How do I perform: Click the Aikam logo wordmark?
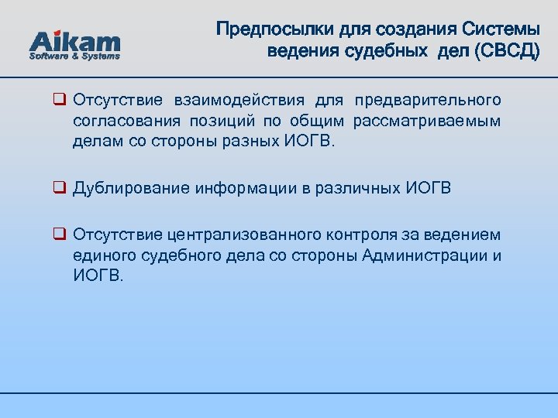click(x=74, y=41)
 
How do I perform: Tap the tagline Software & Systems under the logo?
click(x=74, y=57)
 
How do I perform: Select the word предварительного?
click(x=428, y=101)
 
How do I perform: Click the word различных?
click(x=359, y=188)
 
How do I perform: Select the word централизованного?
click(x=244, y=235)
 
